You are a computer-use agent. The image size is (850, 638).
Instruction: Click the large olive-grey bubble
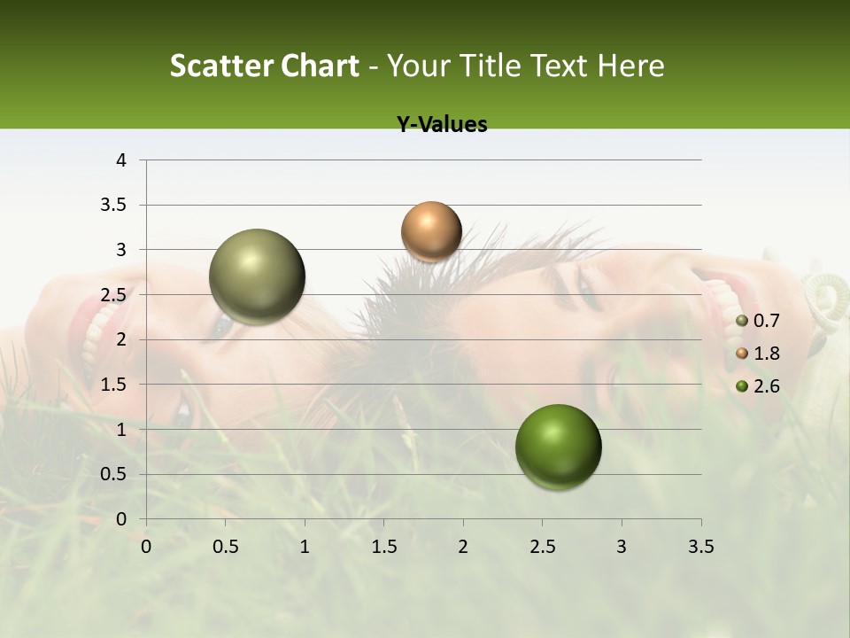pyautogui.click(x=258, y=276)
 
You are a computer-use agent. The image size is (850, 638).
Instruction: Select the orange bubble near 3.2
pyautogui.click(x=431, y=231)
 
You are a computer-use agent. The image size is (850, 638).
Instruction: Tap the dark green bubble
pyautogui.click(x=559, y=447)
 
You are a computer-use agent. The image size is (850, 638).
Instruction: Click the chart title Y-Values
pyautogui.click(x=442, y=125)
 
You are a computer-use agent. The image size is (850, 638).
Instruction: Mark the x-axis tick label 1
pyautogui.click(x=305, y=547)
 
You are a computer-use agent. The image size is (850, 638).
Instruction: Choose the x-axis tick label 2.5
pyautogui.click(x=542, y=547)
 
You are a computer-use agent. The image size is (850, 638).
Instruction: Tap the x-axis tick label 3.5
pyautogui.click(x=700, y=547)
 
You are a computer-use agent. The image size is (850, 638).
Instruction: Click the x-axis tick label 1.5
pyautogui.click(x=383, y=547)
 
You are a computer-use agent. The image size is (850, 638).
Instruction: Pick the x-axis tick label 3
pyautogui.click(x=622, y=547)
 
